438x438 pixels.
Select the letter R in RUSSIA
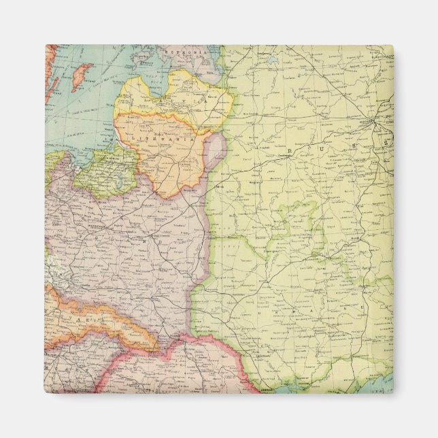coord(290,151)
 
